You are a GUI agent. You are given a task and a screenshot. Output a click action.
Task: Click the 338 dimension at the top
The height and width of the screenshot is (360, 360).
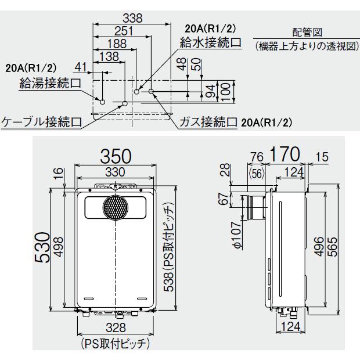[134, 18]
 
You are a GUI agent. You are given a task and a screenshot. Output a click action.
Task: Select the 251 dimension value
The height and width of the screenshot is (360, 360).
[123, 31]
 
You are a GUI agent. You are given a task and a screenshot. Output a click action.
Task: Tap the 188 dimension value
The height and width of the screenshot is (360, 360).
[116, 44]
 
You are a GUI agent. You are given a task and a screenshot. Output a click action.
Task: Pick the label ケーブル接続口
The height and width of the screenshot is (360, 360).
[40, 122]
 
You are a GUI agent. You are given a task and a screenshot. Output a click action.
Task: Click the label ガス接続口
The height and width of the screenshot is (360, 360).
[208, 122]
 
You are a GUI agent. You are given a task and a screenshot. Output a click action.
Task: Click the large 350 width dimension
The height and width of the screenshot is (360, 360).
[116, 156]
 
